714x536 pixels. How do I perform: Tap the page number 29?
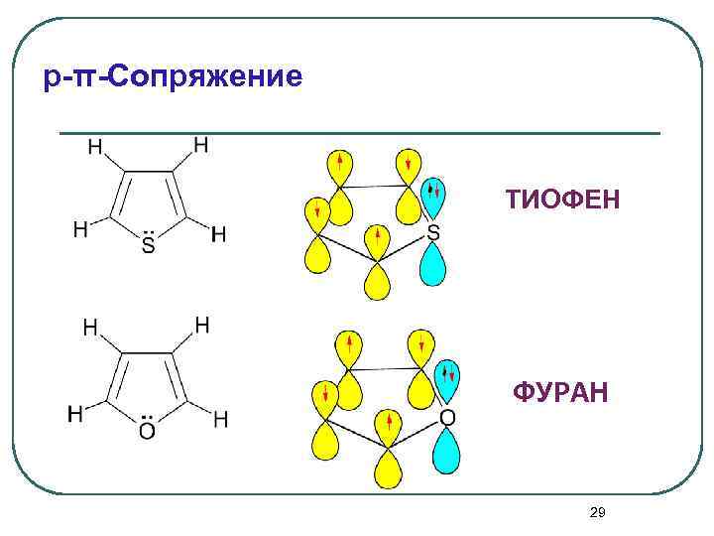click(x=597, y=512)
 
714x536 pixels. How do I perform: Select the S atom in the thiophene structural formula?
click(x=148, y=244)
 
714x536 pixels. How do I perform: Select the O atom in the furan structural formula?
click(x=147, y=431)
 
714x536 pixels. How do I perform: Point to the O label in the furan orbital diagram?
click(x=447, y=418)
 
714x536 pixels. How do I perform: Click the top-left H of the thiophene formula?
click(x=96, y=148)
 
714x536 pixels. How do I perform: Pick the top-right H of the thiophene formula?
click(x=201, y=145)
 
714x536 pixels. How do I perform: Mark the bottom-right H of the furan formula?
click(x=220, y=420)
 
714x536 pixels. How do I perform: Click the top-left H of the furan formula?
click(x=90, y=326)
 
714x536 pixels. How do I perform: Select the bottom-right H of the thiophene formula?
click(x=219, y=234)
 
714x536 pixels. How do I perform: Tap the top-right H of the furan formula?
click(x=201, y=324)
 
